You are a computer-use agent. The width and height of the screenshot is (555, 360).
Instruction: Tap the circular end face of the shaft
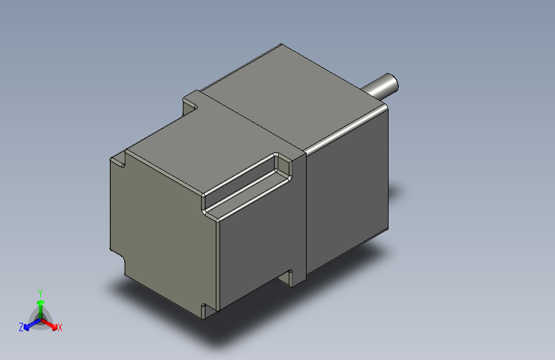(392, 82)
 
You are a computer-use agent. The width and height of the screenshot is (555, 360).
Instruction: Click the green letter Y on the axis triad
(40, 292)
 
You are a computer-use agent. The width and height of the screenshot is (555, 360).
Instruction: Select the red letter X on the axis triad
(60, 327)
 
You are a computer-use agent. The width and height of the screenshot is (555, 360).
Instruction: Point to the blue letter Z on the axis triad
(21, 327)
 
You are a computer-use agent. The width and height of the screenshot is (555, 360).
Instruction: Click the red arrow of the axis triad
(51, 323)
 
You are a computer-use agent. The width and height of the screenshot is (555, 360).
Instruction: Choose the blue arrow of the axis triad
(29, 323)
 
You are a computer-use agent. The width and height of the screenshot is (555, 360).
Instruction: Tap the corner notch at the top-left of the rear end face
(118, 160)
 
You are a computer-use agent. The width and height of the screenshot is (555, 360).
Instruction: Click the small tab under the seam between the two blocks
(294, 277)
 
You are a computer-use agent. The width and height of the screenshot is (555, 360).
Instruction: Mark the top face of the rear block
(192, 147)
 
